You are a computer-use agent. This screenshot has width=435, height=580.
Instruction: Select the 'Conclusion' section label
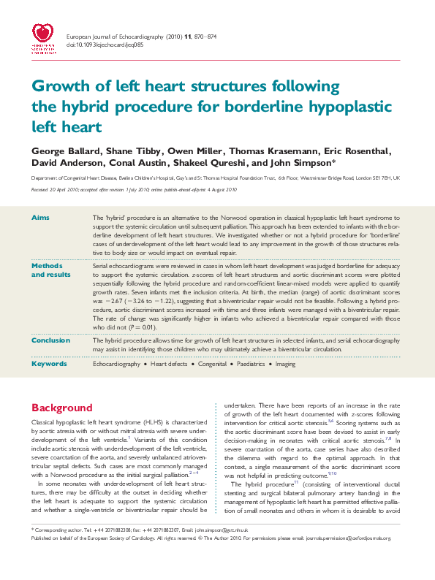click(x=50, y=340)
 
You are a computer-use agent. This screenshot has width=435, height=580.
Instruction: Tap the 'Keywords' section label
click(x=48, y=363)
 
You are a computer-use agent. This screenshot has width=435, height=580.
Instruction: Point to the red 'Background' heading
click(x=61, y=408)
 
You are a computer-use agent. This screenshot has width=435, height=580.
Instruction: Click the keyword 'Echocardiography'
click(x=116, y=363)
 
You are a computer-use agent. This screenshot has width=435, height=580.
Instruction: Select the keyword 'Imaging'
click(x=285, y=363)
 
